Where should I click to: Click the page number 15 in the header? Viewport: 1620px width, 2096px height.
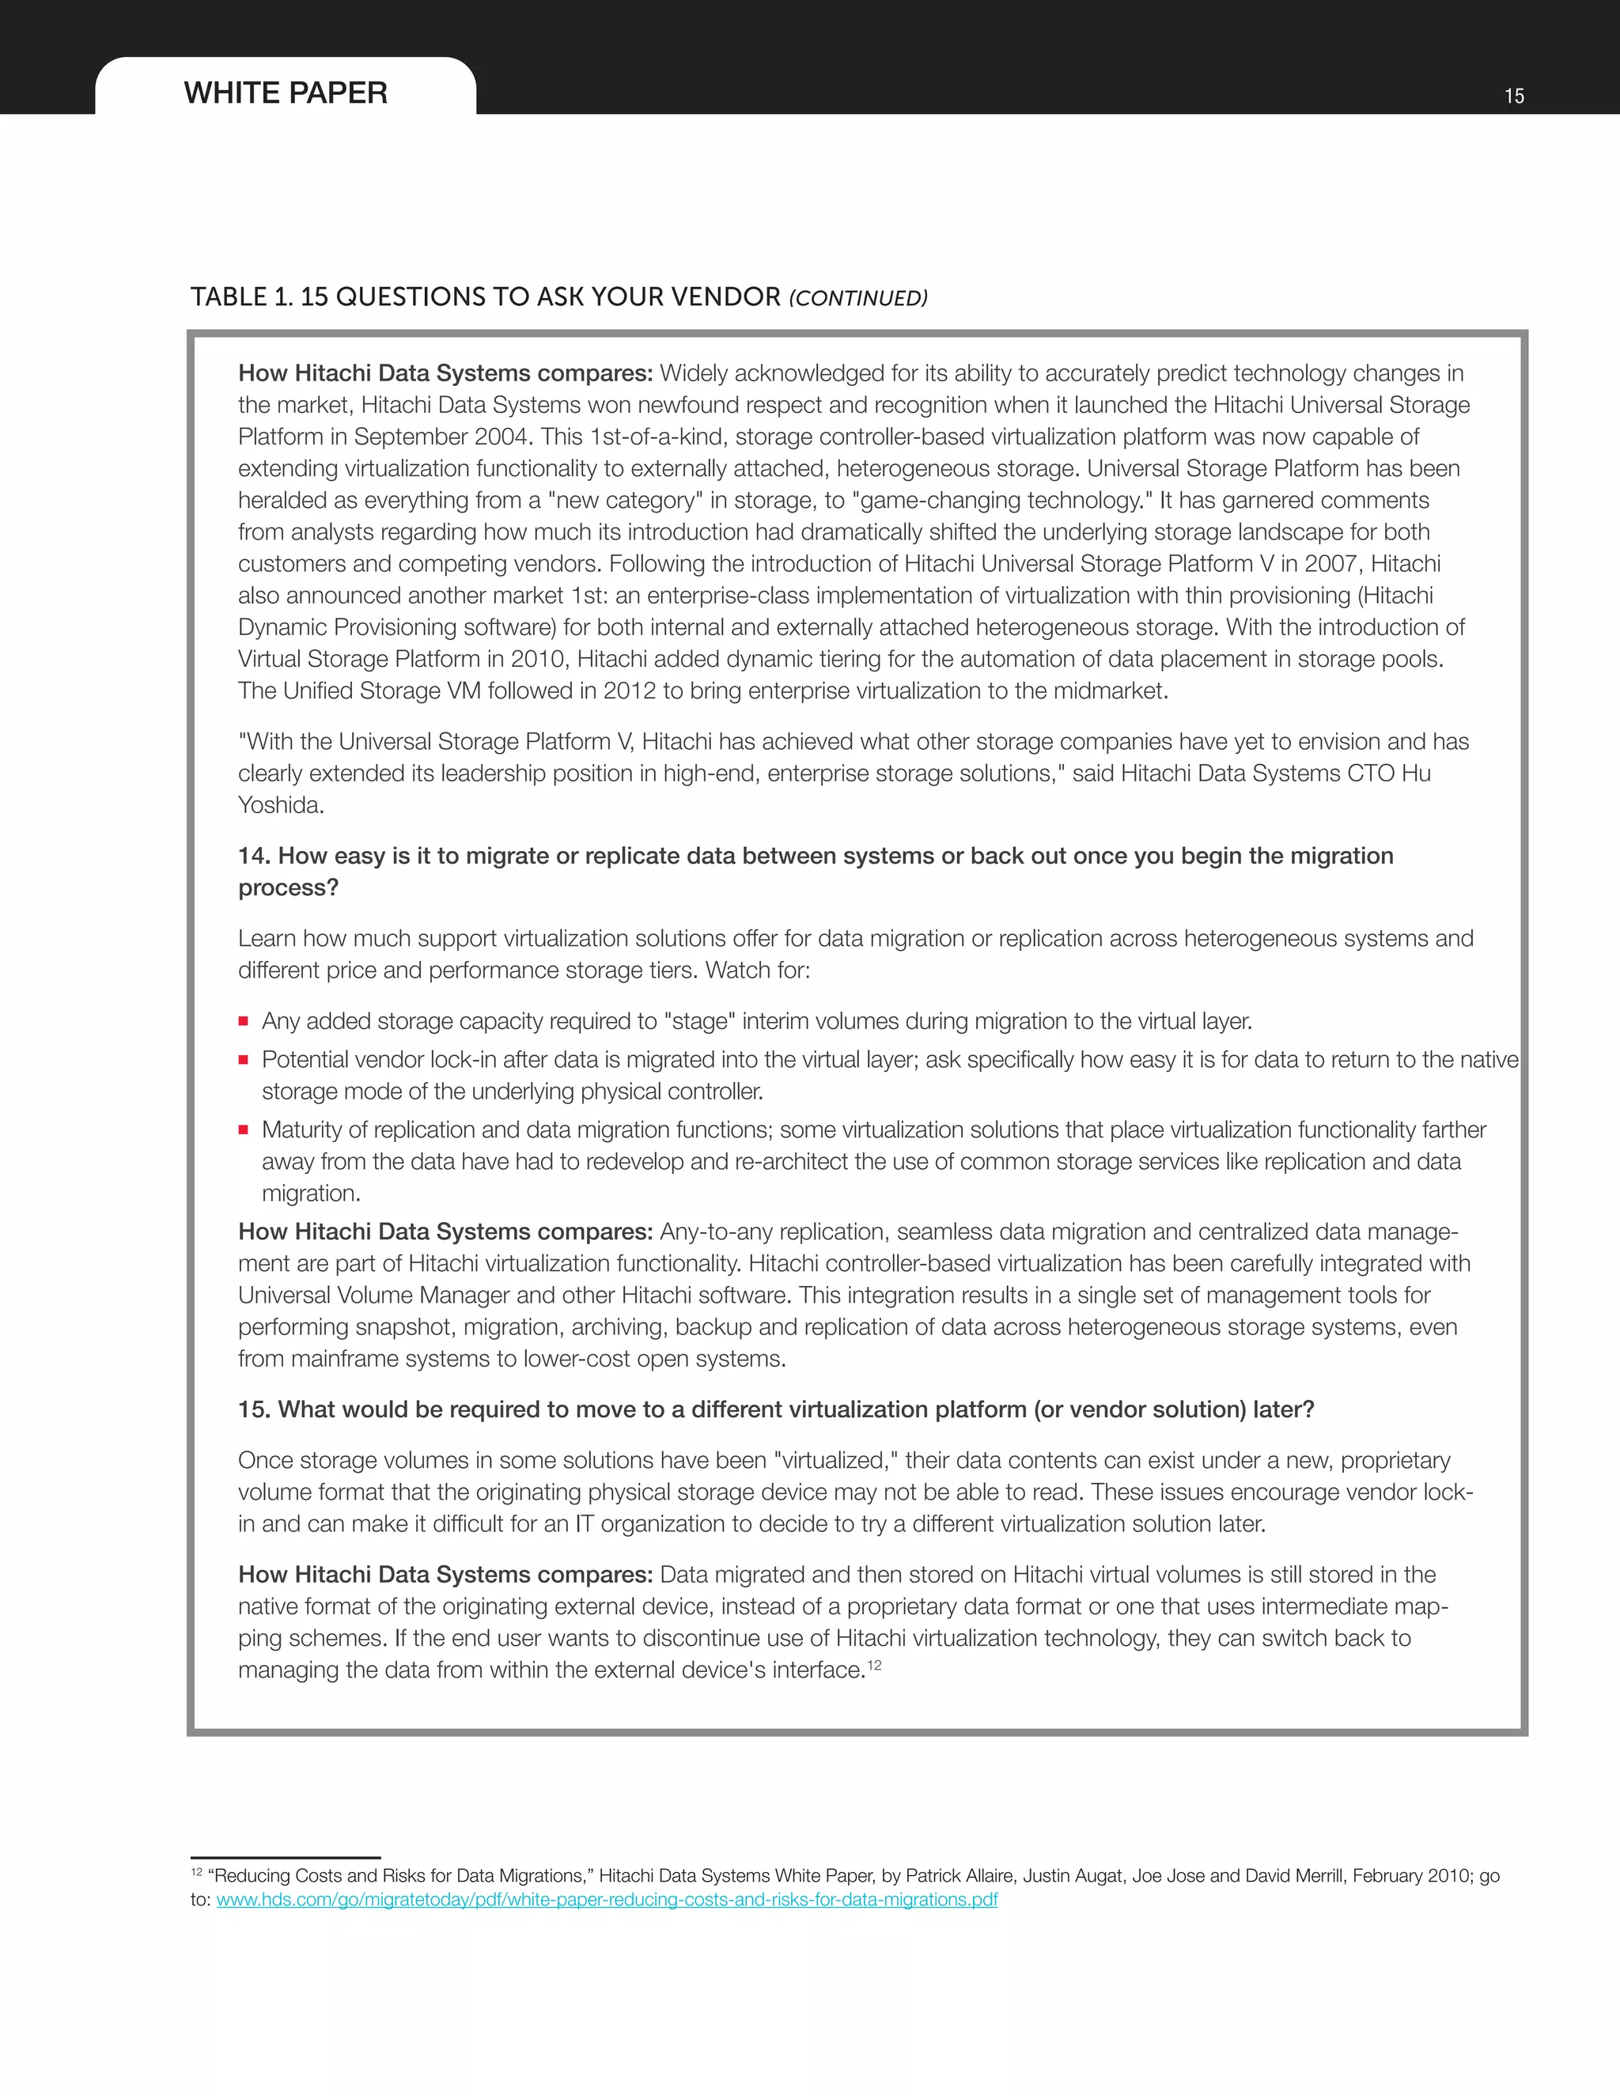1513,96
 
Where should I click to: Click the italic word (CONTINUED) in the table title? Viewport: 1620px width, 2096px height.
858,298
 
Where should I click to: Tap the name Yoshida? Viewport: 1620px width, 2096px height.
280,805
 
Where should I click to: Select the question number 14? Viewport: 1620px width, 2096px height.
253,856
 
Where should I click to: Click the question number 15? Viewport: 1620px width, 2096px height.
253,1409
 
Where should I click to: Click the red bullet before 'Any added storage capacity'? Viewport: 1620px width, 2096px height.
244,1021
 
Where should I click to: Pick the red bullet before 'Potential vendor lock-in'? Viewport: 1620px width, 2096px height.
244,1060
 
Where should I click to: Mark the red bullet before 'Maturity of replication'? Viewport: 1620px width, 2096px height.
244,1129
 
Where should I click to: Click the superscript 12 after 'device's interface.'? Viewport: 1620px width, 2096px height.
873,1665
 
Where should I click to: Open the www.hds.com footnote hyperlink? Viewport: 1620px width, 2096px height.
607,1899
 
